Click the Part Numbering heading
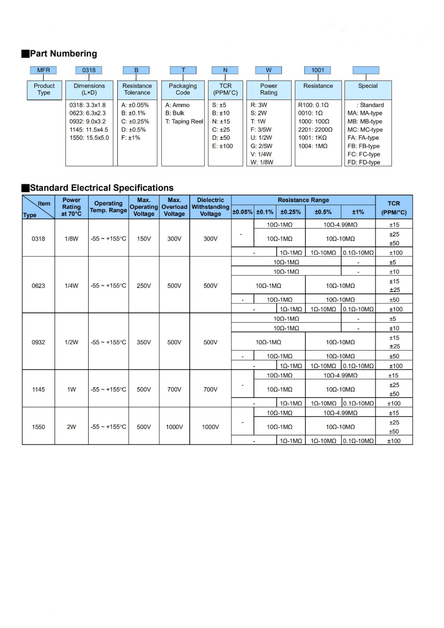point(63,54)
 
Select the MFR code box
point(44,70)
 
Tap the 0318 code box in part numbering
point(89,70)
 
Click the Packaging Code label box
point(183,89)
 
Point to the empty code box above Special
point(366,70)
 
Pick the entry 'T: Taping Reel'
point(184,122)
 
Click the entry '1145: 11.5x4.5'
point(89,130)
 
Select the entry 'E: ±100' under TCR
point(223,146)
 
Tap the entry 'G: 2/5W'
point(261,146)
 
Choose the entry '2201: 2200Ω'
point(315,130)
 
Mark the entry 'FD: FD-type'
point(364,162)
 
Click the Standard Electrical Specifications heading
point(102,188)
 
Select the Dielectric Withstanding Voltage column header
point(210,207)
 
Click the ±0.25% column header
point(291,212)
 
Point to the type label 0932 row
point(38,342)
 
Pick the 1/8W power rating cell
point(71,239)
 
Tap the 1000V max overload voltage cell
point(174,427)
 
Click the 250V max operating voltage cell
point(144,286)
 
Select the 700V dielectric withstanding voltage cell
point(210,389)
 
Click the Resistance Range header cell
point(303,200)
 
